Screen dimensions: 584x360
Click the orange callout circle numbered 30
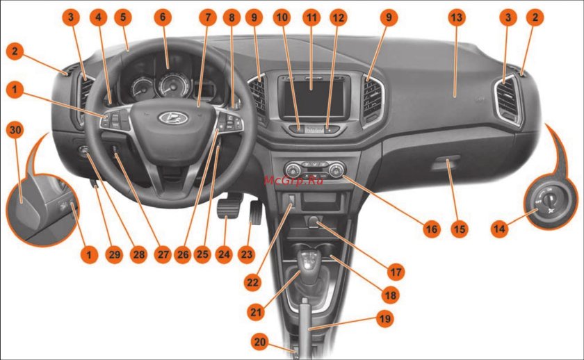coord(15,130)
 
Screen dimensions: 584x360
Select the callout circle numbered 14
coord(499,228)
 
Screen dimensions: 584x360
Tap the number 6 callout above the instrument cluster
coord(163,17)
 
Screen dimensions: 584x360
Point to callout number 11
coord(311,17)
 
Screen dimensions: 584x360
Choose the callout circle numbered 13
coord(456,17)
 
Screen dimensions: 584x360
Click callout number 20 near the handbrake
coord(259,341)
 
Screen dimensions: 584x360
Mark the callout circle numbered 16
coord(431,228)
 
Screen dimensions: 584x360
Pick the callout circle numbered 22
coord(252,282)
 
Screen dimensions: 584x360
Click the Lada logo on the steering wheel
coord(173,118)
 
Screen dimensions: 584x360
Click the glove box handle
coord(446,163)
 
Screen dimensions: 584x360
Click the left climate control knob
coord(293,170)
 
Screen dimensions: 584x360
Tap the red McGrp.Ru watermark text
coord(293,181)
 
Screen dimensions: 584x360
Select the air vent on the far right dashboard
coord(508,99)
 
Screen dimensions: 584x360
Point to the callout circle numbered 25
coord(202,254)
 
